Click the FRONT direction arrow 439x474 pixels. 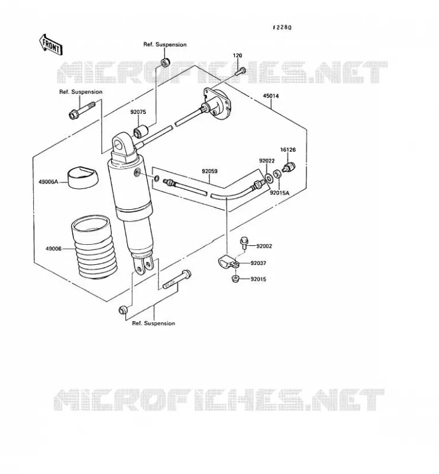pyautogui.click(x=51, y=44)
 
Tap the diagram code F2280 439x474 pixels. pyautogui.click(x=282, y=27)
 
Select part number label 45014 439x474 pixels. pyautogui.click(x=271, y=96)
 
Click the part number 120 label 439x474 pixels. pyautogui.click(x=237, y=55)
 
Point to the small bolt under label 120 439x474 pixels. pyautogui.click(x=240, y=71)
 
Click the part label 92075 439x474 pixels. pyautogui.click(x=138, y=112)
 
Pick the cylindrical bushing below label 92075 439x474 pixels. pyautogui.click(x=141, y=130)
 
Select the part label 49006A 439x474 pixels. pyautogui.click(x=48, y=182)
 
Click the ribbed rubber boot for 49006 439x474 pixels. pyautogui.click(x=92, y=246)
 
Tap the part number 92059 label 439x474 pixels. pyautogui.click(x=209, y=171)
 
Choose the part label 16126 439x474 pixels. pyautogui.click(x=288, y=150)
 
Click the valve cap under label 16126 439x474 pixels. pyautogui.click(x=289, y=167)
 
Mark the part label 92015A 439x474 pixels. pyautogui.click(x=279, y=193)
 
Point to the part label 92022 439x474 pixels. pyautogui.click(x=267, y=161)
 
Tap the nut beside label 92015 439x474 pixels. pyautogui.click(x=235, y=278)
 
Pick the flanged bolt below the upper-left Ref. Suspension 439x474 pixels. pyautogui.click(x=82, y=110)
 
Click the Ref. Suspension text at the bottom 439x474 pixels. pyautogui.click(x=154, y=323)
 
